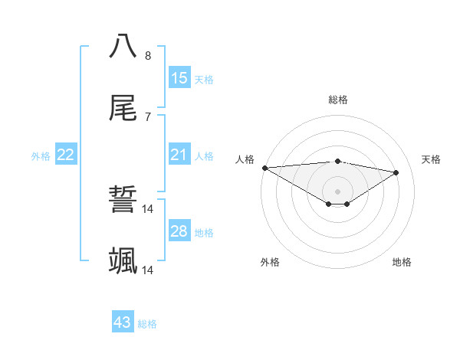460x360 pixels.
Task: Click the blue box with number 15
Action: click(x=179, y=78)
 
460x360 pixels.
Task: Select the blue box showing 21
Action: click(x=179, y=155)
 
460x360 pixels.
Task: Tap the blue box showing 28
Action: click(x=179, y=231)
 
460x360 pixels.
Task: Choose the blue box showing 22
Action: click(x=66, y=155)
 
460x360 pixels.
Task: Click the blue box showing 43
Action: click(x=123, y=322)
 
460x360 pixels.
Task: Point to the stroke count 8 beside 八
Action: click(x=148, y=55)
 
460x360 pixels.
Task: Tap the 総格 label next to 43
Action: click(x=147, y=324)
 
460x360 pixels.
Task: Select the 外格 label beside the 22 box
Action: click(x=41, y=156)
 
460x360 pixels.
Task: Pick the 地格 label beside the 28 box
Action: click(x=204, y=232)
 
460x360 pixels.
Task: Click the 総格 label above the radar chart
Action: click(x=338, y=100)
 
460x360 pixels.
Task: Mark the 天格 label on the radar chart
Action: click(x=432, y=159)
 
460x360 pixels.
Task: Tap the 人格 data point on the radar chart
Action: click(x=264, y=168)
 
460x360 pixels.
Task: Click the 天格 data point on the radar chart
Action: click(x=396, y=172)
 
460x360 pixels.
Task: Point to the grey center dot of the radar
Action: click(x=338, y=191)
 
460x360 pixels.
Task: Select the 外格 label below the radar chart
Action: click(x=270, y=262)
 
